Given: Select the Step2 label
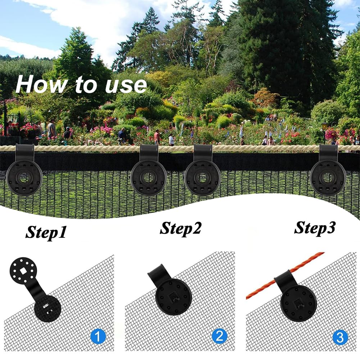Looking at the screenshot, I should tap(181, 228).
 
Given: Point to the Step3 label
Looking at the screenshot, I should tap(315, 227).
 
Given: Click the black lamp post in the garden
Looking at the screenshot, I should tap(325, 131).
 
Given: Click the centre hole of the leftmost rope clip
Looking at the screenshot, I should tap(24, 177).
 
